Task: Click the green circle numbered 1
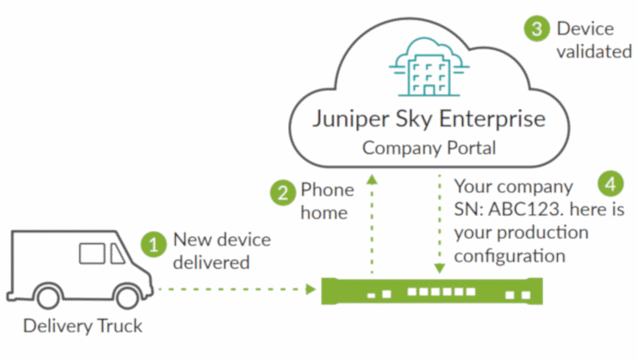(x=155, y=243)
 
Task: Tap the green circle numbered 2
(x=283, y=193)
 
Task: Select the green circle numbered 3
(x=537, y=28)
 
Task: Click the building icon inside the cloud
(x=422, y=69)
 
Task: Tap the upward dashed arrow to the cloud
(x=371, y=223)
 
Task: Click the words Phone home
(x=325, y=201)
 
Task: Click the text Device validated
(x=593, y=39)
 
